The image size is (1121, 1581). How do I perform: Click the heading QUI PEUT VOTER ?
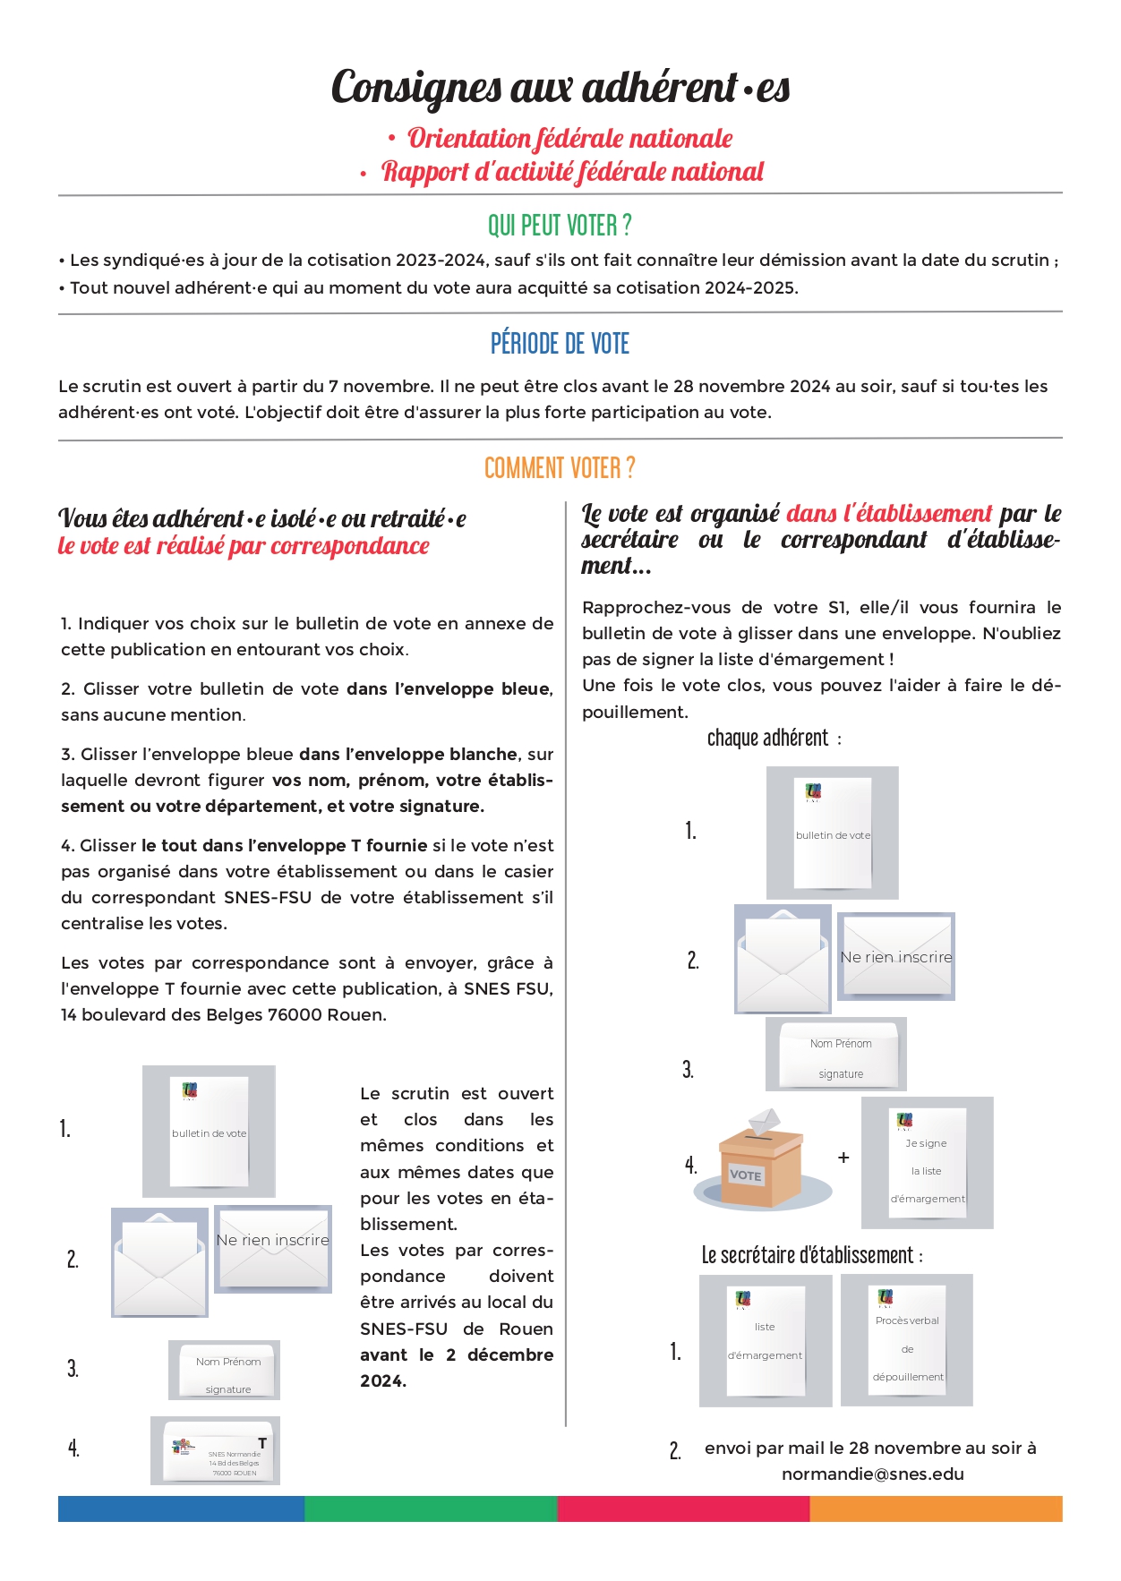point(560,225)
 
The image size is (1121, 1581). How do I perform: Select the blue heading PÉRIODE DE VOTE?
point(560,344)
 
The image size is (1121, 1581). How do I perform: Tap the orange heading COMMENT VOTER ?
point(560,468)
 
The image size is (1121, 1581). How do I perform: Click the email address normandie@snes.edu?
point(872,1474)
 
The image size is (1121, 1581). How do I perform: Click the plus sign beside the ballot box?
point(843,1158)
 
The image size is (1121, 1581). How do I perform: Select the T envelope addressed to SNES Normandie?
point(215,1450)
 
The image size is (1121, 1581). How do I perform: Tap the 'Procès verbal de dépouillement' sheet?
point(907,1340)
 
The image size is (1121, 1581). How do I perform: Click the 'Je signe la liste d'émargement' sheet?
point(928,1162)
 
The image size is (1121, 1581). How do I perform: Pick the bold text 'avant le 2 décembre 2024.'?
point(456,1368)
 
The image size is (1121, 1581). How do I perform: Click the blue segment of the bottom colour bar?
point(181,1508)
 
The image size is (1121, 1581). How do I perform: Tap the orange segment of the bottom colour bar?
point(936,1508)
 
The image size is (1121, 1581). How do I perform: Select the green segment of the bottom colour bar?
point(431,1508)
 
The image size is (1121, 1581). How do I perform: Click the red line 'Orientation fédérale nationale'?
point(569,139)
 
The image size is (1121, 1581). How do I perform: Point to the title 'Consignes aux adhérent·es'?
point(560,87)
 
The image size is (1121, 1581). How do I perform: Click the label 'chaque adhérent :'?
point(774,739)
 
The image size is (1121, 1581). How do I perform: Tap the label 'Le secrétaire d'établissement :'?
point(811,1255)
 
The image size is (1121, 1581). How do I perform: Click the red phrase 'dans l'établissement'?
point(888,514)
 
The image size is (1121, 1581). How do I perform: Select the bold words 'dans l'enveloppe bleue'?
point(447,688)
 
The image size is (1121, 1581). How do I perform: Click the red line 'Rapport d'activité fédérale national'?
point(572,172)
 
